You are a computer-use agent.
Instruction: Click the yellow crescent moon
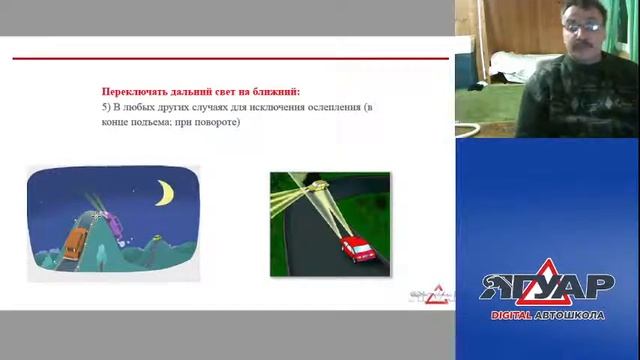[163, 190]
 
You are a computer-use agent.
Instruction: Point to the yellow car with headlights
[318, 186]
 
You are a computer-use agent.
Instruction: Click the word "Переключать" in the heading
[132, 90]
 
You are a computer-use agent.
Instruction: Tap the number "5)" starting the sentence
[107, 106]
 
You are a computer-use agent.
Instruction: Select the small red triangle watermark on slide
[433, 295]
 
